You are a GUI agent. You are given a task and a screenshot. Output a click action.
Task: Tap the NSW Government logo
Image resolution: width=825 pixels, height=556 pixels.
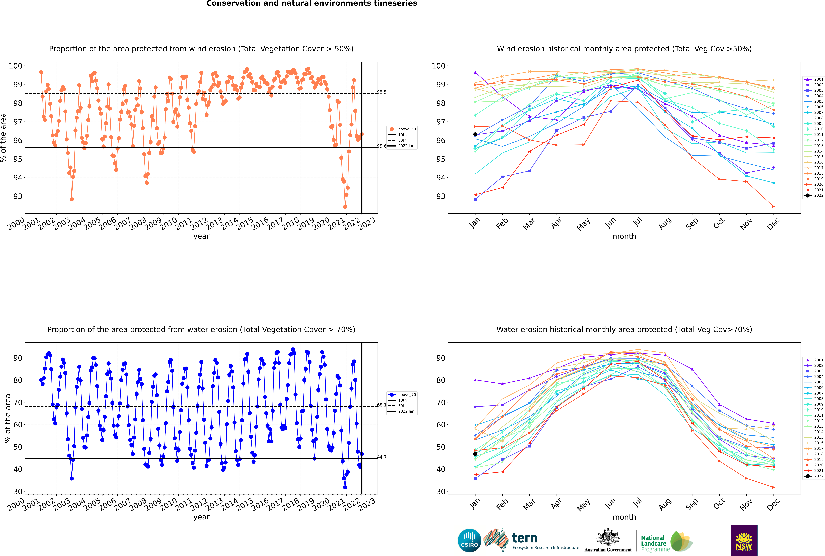point(744,540)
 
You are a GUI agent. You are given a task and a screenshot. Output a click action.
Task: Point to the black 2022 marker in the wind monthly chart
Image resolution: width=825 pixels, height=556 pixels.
point(475,134)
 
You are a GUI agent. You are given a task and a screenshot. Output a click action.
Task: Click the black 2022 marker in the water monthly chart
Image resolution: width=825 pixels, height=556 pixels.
point(475,454)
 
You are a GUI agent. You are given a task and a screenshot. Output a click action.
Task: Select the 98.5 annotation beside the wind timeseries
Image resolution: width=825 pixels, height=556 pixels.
point(382,92)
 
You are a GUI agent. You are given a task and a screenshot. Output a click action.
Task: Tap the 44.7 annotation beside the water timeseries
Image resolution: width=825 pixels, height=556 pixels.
point(382,457)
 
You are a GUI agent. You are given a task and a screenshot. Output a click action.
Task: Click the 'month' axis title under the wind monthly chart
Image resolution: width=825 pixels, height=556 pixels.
point(624,237)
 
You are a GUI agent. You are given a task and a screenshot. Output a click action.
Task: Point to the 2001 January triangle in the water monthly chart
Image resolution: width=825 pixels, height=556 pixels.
point(475,380)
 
